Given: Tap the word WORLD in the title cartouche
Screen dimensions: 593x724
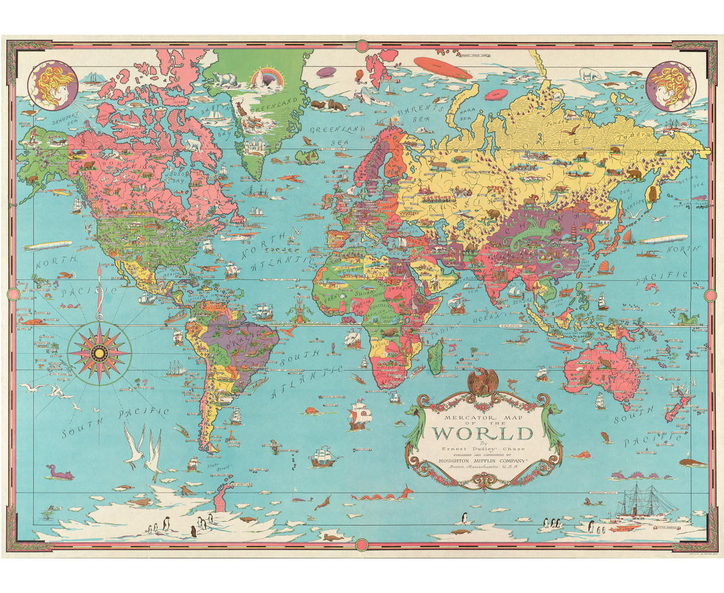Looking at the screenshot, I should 482,433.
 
